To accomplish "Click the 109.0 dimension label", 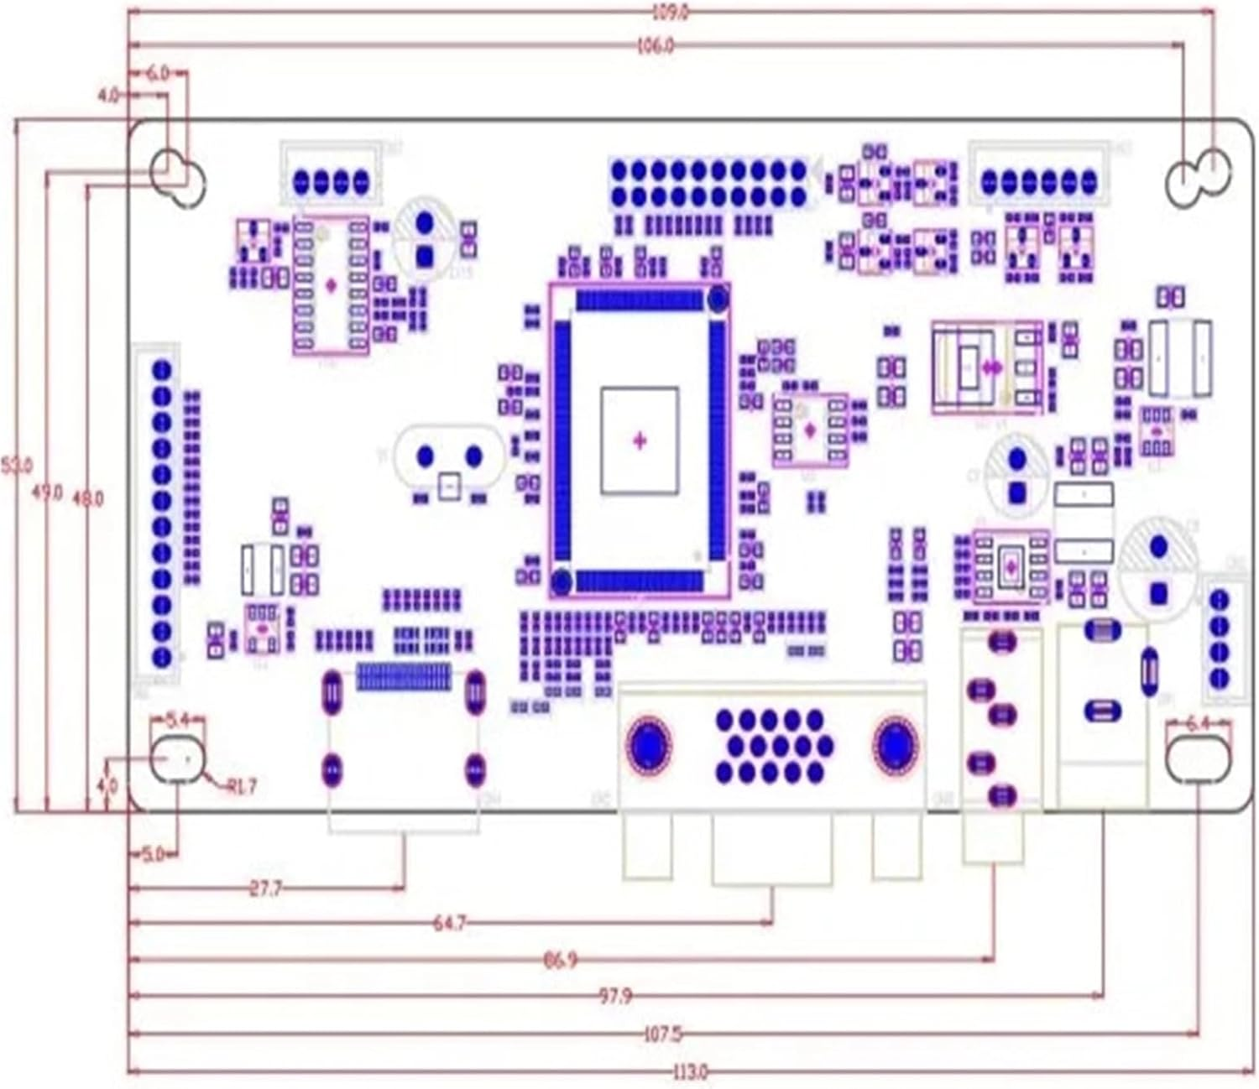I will pyautogui.click(x=670, y=13).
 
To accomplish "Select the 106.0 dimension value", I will pyautogui.click(x=655, y=46).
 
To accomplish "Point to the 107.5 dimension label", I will pyautogui.click(x=661, y=1034).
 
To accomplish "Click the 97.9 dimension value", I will pyautogui.click(x=615, y=996).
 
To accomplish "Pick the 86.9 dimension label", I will pyautogui.click(x=560, y=959).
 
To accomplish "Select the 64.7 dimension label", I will pyautogui.click(x=449, y=923).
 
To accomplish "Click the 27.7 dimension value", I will pyautogui.click(x=265, y=888).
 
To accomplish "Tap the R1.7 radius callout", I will pyautogui.click(x=241, y=786).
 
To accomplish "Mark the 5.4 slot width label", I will pyautogui.click(x=177, y=720).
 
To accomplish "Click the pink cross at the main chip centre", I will pyautogui.click(x=640, y=440).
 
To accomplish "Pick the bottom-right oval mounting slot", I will pyautogui.click(x=1198, y=758).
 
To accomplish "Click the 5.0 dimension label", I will pyautogui.click(x=153, y=855).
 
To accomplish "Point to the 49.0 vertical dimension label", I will pyautogui.click(x=47, y=492).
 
